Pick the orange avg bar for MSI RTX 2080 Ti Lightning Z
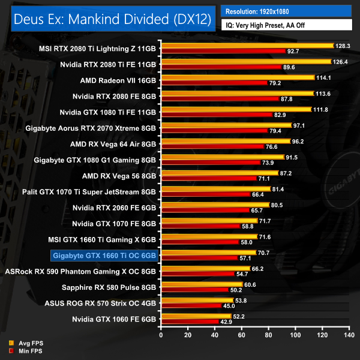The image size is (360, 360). (x=247, y=46)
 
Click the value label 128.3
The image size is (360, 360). (x=343, y=46)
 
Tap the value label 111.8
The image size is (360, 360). (x=321, y=109)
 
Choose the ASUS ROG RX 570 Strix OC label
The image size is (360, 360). (x=100, y=302)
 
